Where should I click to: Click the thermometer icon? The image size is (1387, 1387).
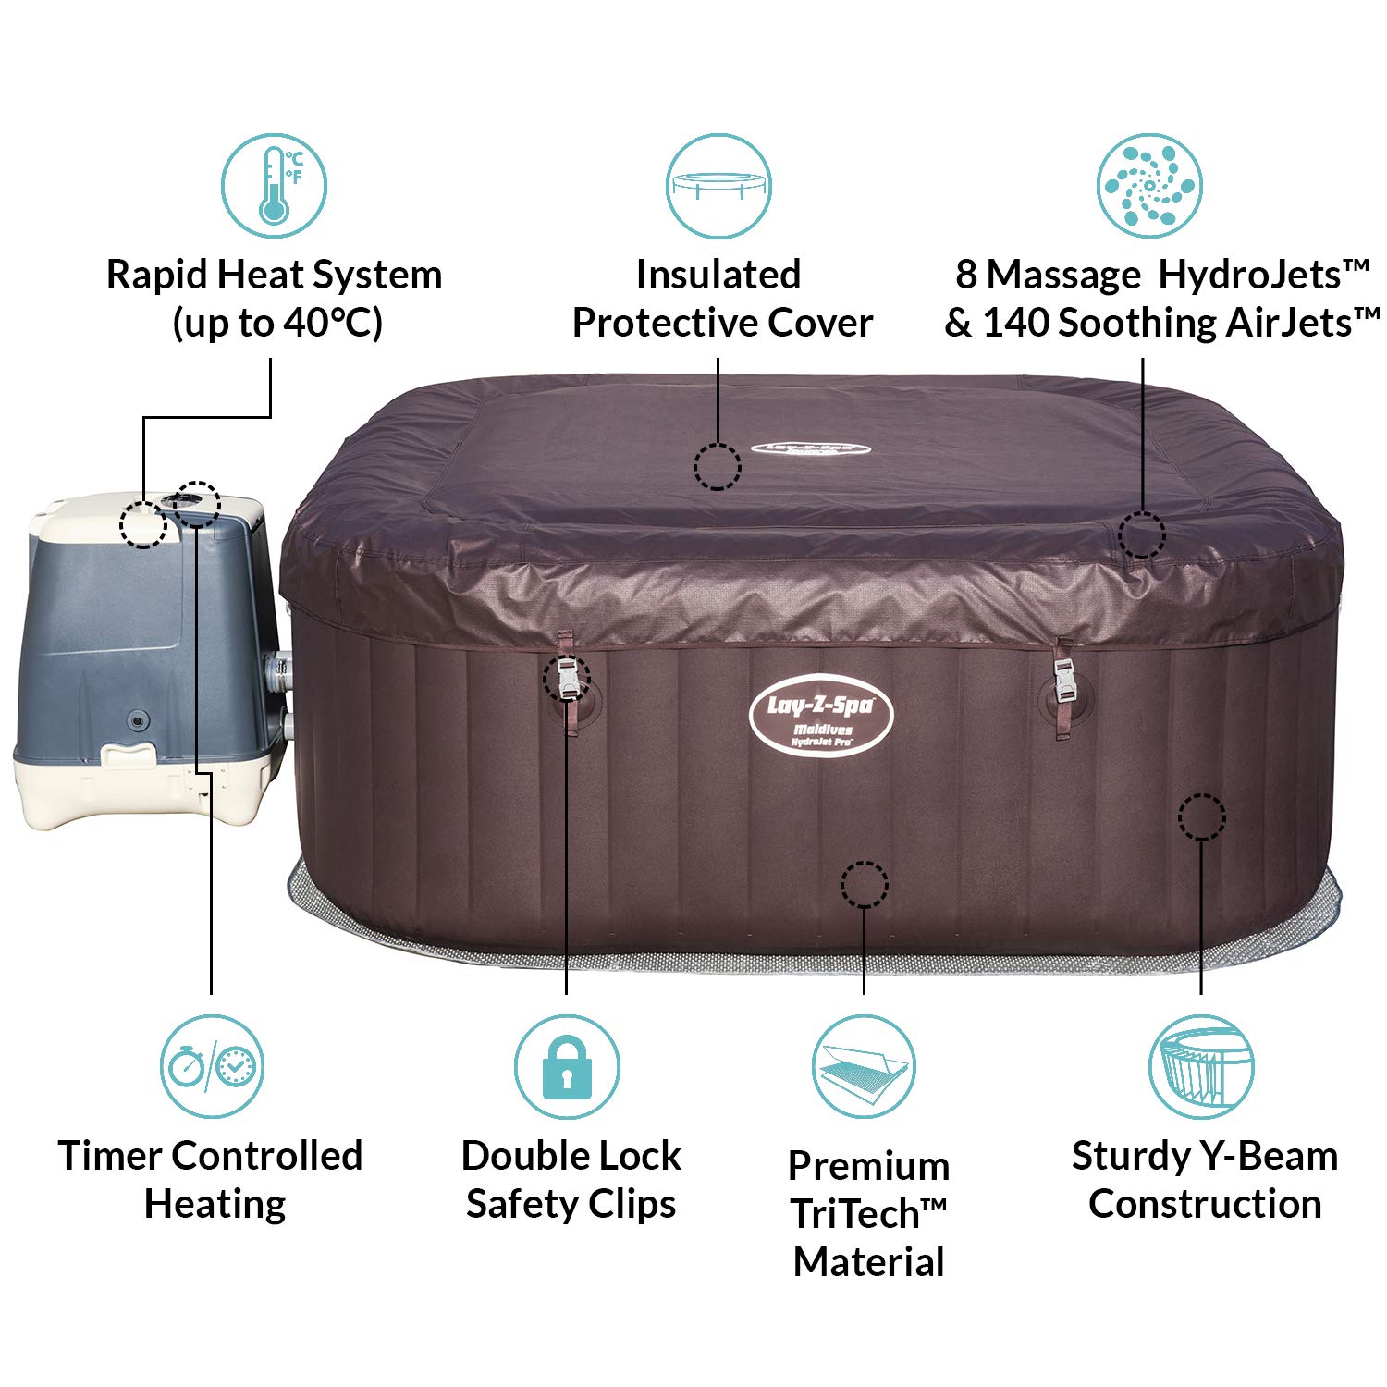274,186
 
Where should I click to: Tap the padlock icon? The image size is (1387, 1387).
567,1068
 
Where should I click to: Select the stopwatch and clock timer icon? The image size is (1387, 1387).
212,1067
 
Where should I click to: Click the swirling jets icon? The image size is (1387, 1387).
1149,186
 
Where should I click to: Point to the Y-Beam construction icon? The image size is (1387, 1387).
1201,1067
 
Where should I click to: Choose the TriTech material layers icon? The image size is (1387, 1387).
864,1067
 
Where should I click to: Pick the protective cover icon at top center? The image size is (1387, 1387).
718,186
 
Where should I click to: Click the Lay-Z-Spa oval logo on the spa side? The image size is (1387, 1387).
821,718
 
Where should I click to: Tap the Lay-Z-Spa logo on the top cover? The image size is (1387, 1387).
810,450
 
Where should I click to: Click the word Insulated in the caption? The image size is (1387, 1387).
718,275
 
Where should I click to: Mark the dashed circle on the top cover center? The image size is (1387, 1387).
718,466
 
